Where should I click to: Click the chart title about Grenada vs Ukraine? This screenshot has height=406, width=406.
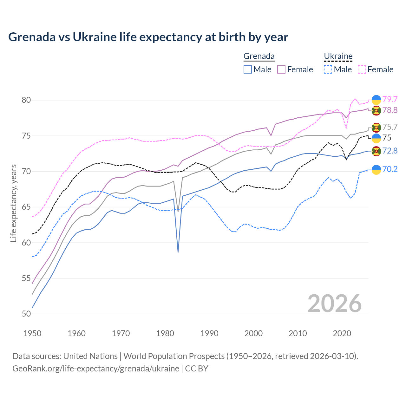click(148, 37)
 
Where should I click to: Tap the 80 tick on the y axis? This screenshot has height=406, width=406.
click(26, 100)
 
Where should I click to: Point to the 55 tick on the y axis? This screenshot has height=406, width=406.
click(26, 278)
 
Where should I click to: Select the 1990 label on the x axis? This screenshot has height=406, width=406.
click(209, 333)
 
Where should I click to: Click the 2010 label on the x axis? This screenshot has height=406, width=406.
click(298, 333)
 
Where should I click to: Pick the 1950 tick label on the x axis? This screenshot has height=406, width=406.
click(32, 333)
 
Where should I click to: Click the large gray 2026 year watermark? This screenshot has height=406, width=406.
click(334, 304)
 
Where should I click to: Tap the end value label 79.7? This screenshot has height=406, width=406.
click(390, 99)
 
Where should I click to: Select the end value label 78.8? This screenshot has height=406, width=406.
click(390, 110)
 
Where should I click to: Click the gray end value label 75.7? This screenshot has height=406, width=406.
click(390, 127)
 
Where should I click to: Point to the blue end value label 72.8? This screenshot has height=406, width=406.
click(390, 151)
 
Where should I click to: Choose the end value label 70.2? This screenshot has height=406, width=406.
click(390, 169)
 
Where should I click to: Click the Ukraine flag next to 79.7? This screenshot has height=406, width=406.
click(376, 100)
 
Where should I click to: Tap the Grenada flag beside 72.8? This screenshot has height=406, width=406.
click(376, 151)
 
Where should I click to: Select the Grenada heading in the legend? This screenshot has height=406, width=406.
click(259, 56)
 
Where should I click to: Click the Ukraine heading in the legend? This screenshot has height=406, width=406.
click(338, 56)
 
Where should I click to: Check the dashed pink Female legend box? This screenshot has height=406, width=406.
click(362, 69)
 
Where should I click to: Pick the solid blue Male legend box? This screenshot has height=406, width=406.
click(248, 69)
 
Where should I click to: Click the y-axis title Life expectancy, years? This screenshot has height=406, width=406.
click(14, 203)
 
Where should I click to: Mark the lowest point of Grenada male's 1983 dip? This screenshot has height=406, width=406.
click(178, 252)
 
